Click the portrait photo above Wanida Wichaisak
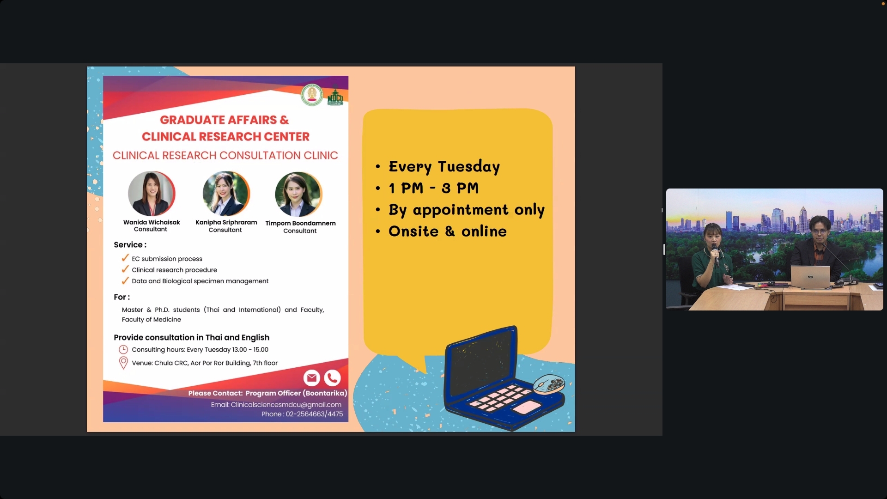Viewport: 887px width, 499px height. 152,194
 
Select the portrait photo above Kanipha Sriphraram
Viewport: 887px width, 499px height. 226,194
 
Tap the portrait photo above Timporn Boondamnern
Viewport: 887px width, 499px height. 298,194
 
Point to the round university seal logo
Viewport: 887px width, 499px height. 312,95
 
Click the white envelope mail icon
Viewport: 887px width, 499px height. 312,378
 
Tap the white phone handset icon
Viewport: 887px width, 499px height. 332,378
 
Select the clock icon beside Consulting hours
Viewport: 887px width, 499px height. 123,350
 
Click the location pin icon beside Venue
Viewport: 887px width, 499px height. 123,363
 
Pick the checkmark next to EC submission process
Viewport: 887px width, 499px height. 125,258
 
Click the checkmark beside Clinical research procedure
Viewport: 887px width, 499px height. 125,269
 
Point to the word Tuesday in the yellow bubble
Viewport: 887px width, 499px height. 469,166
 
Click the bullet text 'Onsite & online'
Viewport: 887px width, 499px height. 448,231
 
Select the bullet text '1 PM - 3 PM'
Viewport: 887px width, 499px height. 434,188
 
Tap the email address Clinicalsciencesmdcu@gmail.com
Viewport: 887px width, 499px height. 286,405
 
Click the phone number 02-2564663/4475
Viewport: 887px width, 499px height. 314,414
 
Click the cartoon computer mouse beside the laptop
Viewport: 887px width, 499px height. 549,384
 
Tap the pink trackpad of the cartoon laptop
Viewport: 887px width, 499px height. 527,408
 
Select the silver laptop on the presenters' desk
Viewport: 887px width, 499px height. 810,277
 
